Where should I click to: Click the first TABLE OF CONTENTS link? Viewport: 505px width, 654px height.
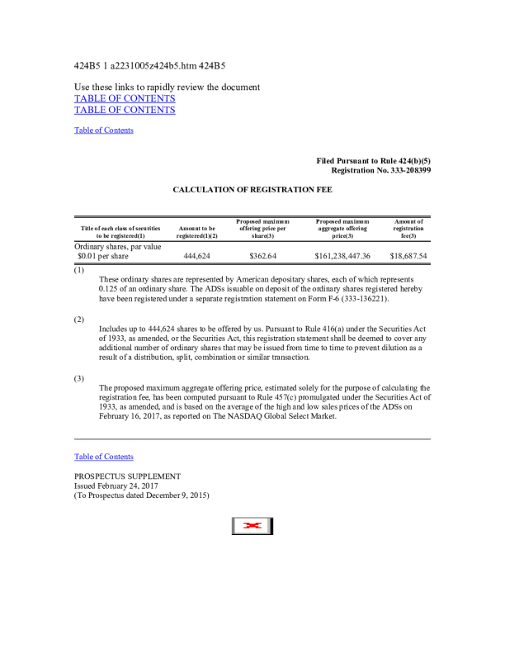click(125, 98)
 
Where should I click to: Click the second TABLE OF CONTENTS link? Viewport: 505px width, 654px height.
click(125, 110)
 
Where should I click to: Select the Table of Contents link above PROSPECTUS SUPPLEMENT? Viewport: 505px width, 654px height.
click(104, 457)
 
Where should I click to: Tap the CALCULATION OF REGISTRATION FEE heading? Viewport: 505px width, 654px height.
click(252, 190)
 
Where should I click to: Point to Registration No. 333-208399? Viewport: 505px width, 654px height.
click(380, 170)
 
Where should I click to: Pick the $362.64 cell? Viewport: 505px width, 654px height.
click(263, 256)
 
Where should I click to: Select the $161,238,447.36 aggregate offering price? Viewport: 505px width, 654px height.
click(342, 256)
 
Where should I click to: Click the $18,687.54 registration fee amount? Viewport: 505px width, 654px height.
click(408, 256)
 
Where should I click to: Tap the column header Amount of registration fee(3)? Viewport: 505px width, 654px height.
click(408, 229)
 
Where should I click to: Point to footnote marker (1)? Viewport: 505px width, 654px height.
click(79, 270)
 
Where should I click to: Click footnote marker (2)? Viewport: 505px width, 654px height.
click(79, 319)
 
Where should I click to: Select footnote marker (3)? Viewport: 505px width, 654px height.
click(79, 378)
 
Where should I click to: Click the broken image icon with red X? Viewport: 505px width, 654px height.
click(252, 526)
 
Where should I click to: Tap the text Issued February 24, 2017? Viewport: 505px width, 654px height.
click(116, 486)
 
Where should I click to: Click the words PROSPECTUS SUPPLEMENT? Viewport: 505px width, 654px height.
click(127, 476)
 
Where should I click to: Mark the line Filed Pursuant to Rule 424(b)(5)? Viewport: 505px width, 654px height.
click(373, 160)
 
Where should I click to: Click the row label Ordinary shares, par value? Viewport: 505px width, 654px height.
click(118, 246)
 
